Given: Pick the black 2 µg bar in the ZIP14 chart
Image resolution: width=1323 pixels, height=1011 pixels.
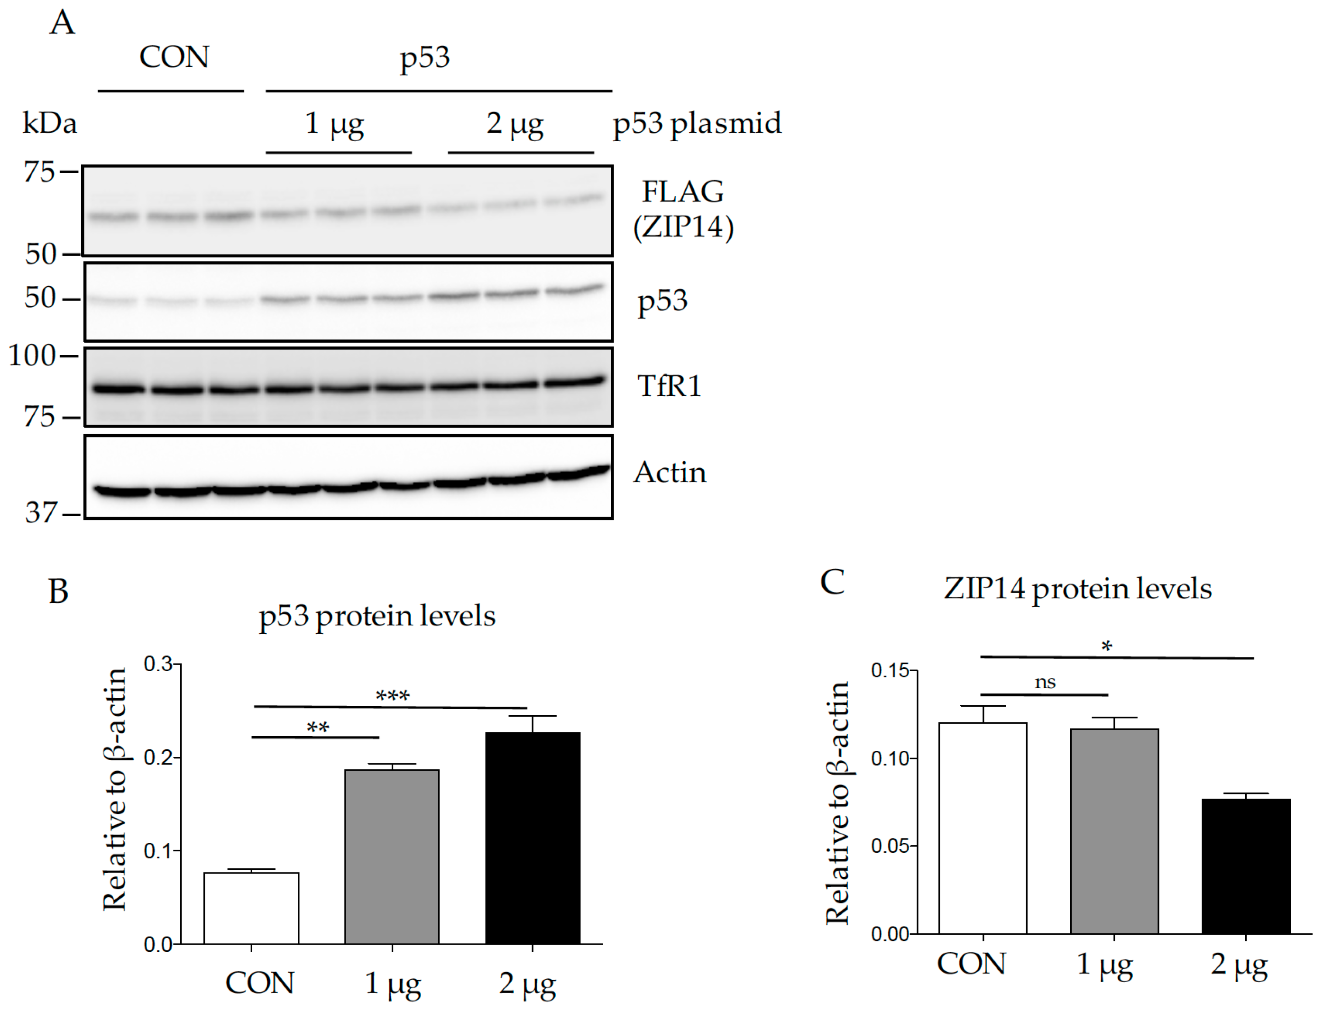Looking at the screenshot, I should pyautogui.click(x=1246, y=866).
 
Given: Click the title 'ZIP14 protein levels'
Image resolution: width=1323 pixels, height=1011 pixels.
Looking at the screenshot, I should pyautogui.click(x=1077, y=589).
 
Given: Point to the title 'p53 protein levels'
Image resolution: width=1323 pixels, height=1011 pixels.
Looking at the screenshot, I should pyautogui.click(x=377, y=616).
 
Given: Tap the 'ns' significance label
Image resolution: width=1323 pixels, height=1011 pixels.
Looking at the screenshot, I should pyautogui.click(x=1045, y=683).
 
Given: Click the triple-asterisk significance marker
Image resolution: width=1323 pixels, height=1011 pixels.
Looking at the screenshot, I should pyautogui.click(x=393, y=696).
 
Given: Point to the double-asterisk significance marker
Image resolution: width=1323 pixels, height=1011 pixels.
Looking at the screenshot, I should pyautogui.click(x=318, y=728).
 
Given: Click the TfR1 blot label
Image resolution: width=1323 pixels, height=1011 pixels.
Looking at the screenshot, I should pyautogui.click(x=669, y=386).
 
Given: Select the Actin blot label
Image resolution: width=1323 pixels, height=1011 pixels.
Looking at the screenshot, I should pyautogui.click(x=670, y=473).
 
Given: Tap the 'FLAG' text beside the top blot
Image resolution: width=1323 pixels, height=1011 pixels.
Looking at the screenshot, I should pyautogui.click(x=682, y=191).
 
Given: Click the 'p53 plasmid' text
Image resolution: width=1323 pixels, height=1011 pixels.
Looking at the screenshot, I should pyautogui.click(x=697, y=123).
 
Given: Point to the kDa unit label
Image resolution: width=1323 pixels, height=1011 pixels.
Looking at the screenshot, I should pyautogui.click(x=49, y=123).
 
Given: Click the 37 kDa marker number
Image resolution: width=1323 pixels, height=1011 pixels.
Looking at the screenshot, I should pyautogui.click(x=40, y=513).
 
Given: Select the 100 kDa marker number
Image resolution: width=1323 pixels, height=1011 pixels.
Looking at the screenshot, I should pyautogui.click(x=32, y=355).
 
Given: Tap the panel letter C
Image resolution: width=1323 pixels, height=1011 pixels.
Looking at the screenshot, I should pyautogui.click(x=832, y=582).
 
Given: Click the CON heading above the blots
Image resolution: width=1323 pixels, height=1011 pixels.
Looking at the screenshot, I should pyautogui.click(x=174, y=57).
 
